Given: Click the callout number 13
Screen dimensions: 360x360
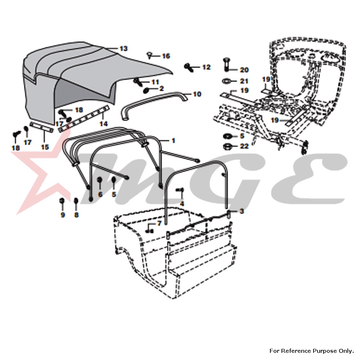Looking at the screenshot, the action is tap(123, 49).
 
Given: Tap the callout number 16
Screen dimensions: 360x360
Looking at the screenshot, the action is tap(166, 56).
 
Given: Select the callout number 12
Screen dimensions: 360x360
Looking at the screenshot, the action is tap(206, 67).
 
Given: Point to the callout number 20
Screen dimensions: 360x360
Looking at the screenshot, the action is tap(244, 70).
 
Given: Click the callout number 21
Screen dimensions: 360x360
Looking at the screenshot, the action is tap(244, 81).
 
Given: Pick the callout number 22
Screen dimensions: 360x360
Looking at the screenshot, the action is tap(244, 146).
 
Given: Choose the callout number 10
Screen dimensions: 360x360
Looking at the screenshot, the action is tap(197, 94).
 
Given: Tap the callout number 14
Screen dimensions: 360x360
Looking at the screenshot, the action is tap(104, 124).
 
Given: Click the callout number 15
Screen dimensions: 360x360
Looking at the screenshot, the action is tap(45, 147).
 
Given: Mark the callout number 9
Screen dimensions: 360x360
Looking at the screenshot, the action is tap(63, 215).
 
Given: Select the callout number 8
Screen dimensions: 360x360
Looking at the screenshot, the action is tap(76, 215).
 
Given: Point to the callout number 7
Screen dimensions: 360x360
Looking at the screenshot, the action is tap(159, 223).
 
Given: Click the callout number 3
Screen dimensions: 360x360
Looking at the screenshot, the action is tap(242, 211).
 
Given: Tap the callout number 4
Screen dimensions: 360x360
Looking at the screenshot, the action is tap(182, 204).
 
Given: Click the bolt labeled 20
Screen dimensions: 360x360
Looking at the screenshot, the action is tap(225, 64).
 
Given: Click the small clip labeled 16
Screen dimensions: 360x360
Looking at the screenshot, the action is tap(149, 55).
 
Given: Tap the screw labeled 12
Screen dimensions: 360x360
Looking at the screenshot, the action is tap(189, 68).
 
